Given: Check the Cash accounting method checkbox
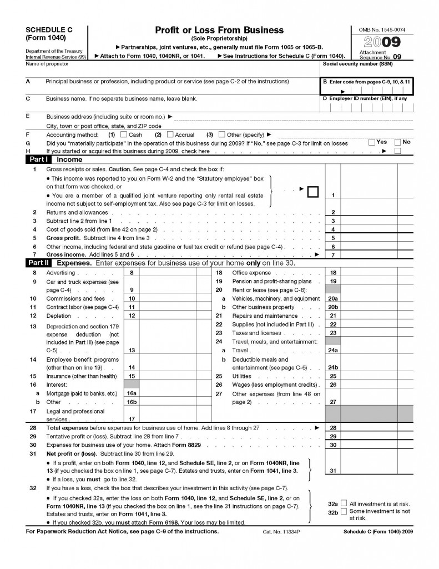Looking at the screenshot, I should tap(124, 134).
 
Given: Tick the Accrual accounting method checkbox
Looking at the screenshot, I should tap(170, 134).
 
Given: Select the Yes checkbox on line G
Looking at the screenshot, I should tap(372, 142).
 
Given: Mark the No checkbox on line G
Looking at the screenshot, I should tap(397, 142).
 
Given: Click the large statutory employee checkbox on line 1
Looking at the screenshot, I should tap(313, 192).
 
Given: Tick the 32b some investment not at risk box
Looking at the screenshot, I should tap(344, 511).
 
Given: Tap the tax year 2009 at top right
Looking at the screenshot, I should tap(381, 42).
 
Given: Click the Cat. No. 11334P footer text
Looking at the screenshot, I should tap(280, 532).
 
